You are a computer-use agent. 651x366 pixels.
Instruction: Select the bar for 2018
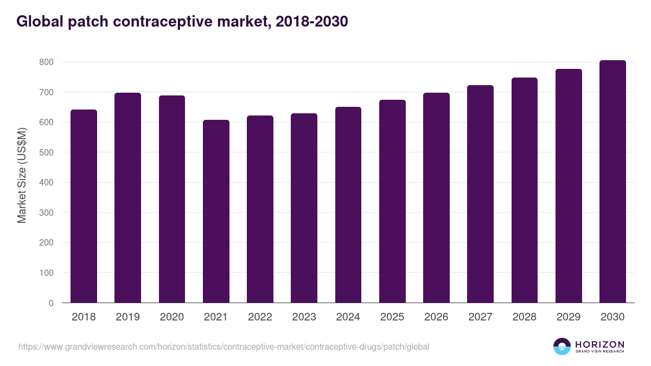click(x=84, y=206)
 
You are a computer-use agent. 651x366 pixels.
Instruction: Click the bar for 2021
click(x=216, y=211)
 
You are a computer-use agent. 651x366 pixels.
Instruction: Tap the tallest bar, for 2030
click(x=612, y=182)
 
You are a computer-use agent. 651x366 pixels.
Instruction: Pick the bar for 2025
click(x=392, y=201)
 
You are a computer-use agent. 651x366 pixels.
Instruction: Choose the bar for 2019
click(x=127, y=198)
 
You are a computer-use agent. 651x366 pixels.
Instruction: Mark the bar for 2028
click(x=524, y=190)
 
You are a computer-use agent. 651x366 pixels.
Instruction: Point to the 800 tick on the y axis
click(x=46, y=62)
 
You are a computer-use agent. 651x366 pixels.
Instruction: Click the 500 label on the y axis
click(x=46, y=153)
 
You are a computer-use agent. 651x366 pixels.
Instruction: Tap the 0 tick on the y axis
click(x=51, y=303)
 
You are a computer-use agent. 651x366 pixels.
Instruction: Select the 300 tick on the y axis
click(x=46, y=213)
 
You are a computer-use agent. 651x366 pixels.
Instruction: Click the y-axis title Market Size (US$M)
click(x=22, y=175)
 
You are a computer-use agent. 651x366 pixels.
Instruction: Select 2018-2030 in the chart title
click(x=311, y=22)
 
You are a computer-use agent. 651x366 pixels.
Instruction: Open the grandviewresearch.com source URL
click(x=224, y=346)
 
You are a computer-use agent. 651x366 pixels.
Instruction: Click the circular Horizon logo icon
click(x=562, y=346)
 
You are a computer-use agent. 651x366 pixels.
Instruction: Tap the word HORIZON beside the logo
click(x=599, y=344)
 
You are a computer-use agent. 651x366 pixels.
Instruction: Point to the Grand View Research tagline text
click(x=599, y=352)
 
